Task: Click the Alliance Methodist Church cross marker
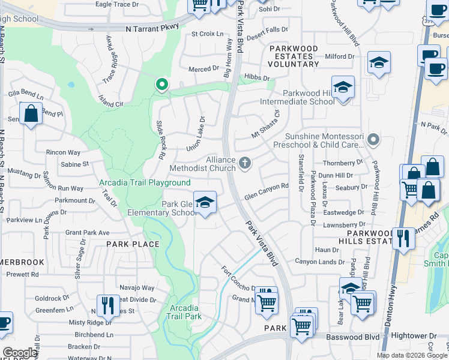tap(245, 163)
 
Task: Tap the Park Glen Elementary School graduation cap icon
tap(205, 203)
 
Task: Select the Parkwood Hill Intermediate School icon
tap(342, 88)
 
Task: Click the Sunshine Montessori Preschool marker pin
tap(373, 140)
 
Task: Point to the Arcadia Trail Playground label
tap(145, 182)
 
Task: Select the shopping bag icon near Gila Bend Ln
tap(30, 113)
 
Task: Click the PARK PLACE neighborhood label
tap(133, 244)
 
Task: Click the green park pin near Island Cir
tap(161, 85)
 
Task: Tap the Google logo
tap(19, 353)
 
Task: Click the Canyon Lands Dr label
tap(319, 262)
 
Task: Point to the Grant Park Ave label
tap(88, 232)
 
